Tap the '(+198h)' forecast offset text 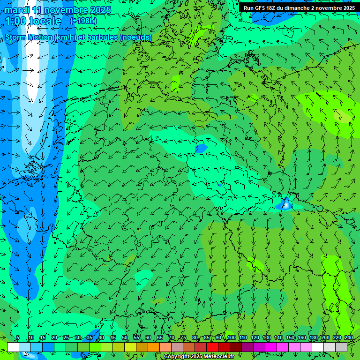pos(83,21)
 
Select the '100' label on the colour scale pos(231,337)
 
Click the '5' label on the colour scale pos(18,337)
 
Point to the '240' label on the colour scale pos(348,337)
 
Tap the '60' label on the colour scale pos(148,337)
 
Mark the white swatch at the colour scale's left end pos(13,347)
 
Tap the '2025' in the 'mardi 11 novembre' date pos(100,10)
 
